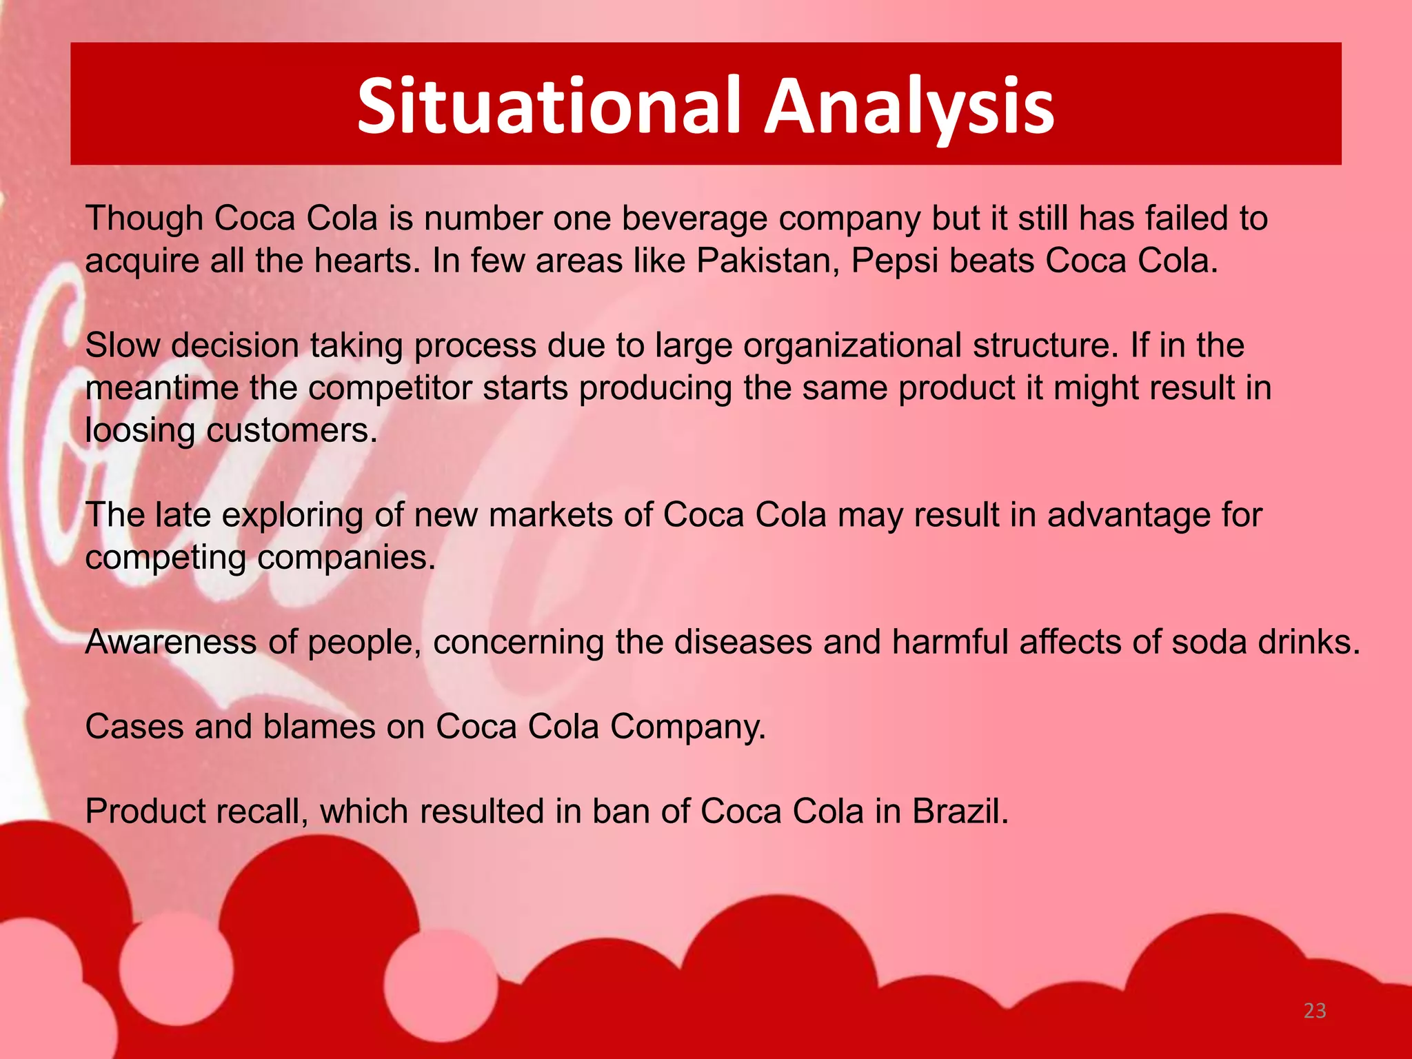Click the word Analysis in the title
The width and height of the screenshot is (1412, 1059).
pyautogui.click(x=909, y=105)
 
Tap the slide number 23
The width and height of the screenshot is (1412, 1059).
pyautogui.click(x=1315, y=1011)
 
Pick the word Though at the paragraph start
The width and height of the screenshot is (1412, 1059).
pyautogui.click(x=144, y=219)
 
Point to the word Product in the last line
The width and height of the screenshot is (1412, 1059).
pyautogui.click(x=145, y=811)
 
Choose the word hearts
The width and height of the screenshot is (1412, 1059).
pyautogui.click(x=365, y=261)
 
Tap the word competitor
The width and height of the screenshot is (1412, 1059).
pyautogui.click(x=389, y=388)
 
